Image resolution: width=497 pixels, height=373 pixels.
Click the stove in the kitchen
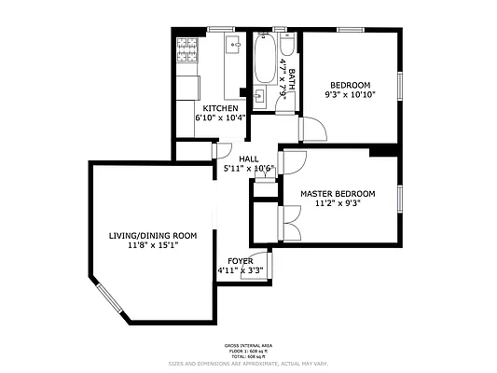point(185,48)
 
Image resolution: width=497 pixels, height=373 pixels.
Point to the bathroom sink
point(262,94)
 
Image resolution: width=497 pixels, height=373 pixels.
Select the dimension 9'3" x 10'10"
point(350,94)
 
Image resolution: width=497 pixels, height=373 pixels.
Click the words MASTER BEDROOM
point(338,193)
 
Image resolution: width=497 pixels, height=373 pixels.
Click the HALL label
point(248,159)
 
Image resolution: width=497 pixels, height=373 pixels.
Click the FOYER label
point(241,260)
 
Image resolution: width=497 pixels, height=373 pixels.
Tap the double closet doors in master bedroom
point(290,222)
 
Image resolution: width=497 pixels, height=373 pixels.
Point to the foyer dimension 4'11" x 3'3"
point(241,270)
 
